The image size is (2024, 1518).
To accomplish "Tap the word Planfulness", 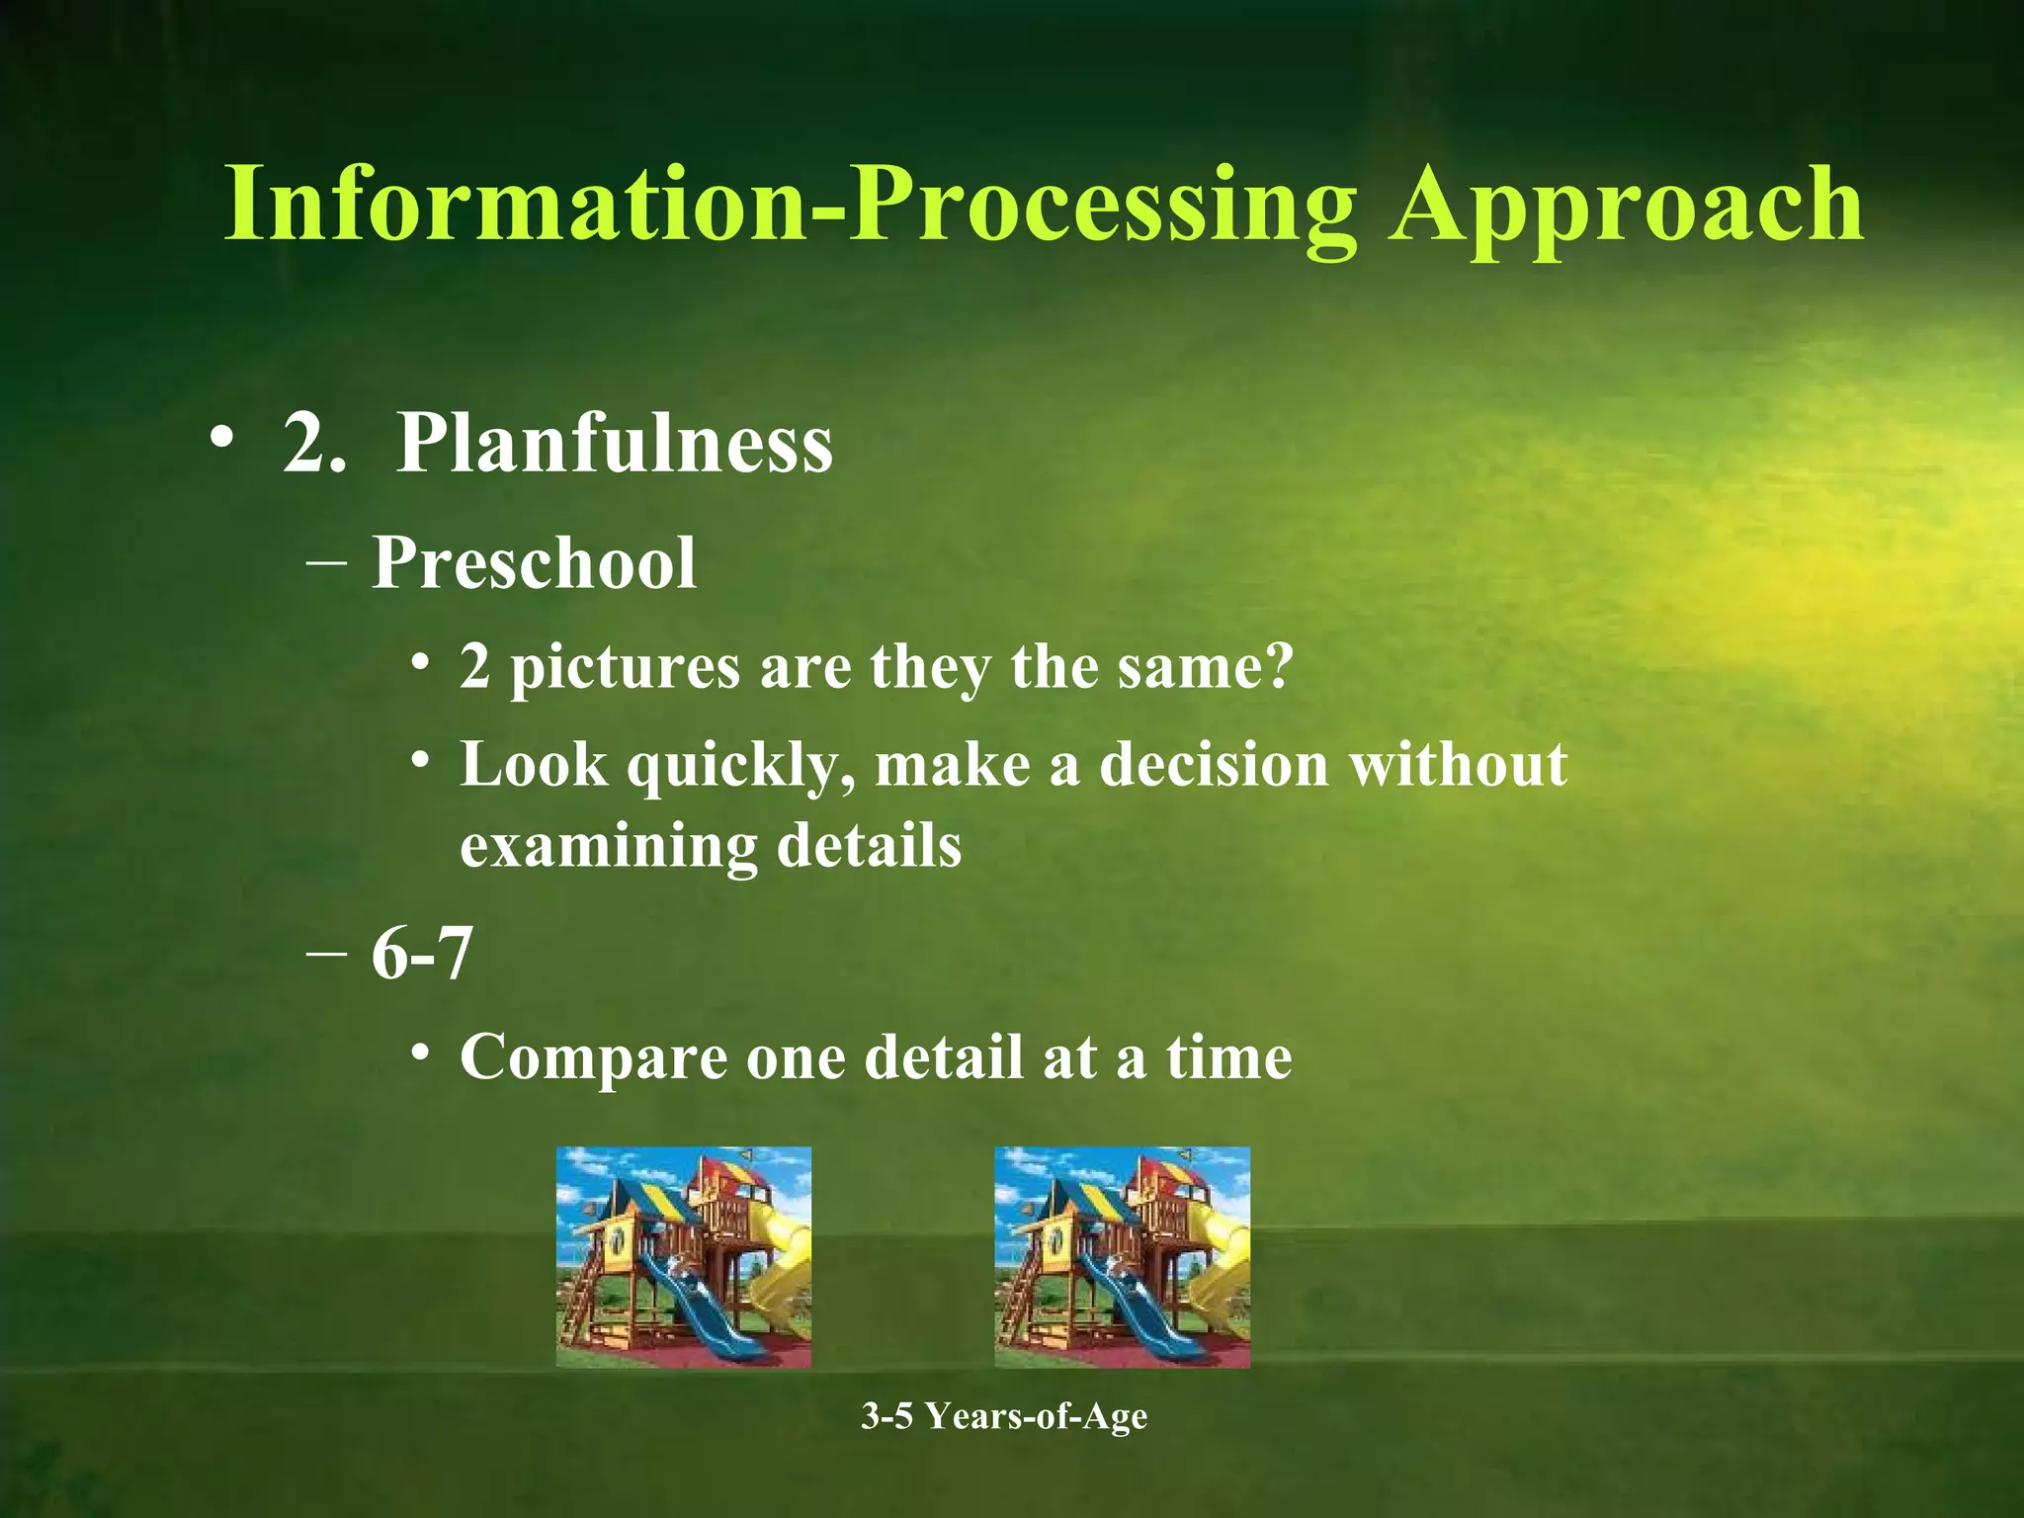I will [x=614, y=444].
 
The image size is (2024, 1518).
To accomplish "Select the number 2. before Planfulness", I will [x=315, y=444].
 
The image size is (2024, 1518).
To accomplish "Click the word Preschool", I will [x=534, y=563].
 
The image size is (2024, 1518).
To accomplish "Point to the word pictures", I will [x=625, y=667].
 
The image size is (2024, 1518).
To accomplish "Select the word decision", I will [x=1215, y=765].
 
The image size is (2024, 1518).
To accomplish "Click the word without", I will [x=1459, y=765].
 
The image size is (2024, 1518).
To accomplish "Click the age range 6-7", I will [x=422, y=955].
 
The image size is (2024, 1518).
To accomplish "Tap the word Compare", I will [x=593, y=1059].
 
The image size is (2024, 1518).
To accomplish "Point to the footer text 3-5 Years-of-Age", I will [x=1004, y=1416].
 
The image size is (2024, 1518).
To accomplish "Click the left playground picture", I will [x=683, y=1257].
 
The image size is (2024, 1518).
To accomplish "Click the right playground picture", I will [x=1122, y=1257].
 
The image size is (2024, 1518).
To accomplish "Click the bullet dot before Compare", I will [x=421, y=1054].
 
